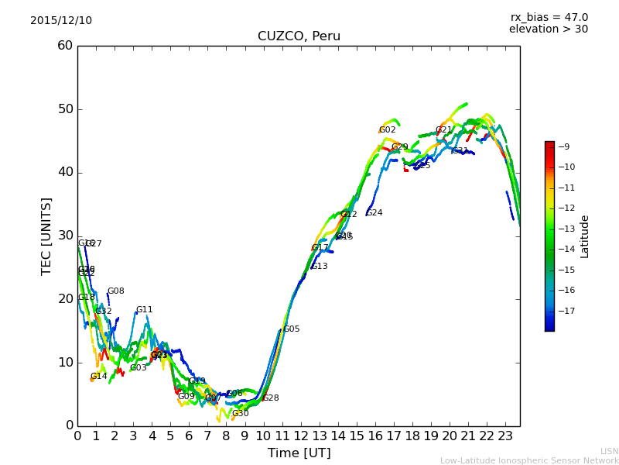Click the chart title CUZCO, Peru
299,36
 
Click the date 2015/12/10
61,21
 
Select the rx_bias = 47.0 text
549,18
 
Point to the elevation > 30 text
549,29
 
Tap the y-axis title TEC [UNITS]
46,236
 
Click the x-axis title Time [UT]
299,453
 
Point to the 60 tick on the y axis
65,46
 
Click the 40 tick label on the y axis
65,172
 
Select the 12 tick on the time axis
300,436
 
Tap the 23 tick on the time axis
505,436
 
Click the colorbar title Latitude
585,236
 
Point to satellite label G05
291,329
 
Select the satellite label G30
241,414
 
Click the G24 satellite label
374,213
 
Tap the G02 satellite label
387,130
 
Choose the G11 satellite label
145,310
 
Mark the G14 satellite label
99,377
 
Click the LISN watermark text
609,451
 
